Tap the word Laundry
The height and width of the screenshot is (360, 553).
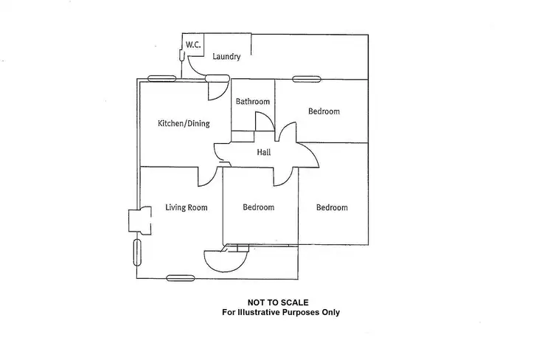point(226,57)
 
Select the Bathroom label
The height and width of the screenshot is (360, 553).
point(253,102)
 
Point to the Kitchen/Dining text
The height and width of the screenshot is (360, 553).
point(183,123)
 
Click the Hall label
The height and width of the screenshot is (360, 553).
point(263,153)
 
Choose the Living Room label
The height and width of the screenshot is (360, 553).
point(186,207)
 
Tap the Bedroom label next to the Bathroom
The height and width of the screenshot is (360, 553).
point(324,111)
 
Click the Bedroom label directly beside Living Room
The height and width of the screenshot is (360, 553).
point(258,207)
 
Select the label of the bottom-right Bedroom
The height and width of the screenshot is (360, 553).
point(332,207)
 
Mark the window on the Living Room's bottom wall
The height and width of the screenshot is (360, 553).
point(179,277)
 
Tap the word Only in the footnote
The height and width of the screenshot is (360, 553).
point(330,312)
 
